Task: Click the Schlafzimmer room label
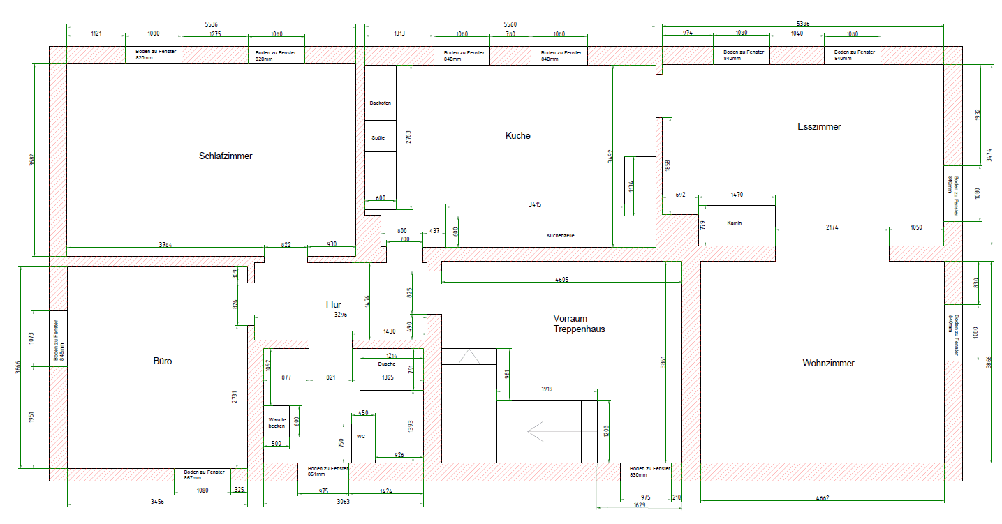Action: click(226, 156)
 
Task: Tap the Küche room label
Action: click(517, 135)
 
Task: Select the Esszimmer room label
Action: click(819, 127)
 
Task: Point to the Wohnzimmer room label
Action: click(828, 364)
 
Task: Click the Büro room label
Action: click(162, 361)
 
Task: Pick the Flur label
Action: click(333, 305)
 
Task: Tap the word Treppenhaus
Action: click(580, 329)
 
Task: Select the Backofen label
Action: click(380, 103)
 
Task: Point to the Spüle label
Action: click(378, 138)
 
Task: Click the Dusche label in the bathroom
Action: click(387, 364)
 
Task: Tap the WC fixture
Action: click(361, 437)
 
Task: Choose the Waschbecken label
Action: click(277, 423)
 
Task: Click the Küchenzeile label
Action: click(561, 236)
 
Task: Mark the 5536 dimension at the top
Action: click(210, 24)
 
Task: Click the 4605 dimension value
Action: click(561, 279)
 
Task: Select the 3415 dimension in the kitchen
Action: click(535, 204)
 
